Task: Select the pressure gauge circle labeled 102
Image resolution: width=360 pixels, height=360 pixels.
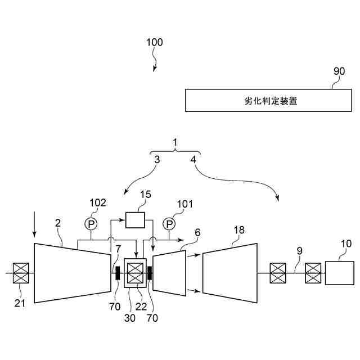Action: coord(91,224)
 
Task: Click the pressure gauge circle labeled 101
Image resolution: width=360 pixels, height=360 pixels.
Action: coord(169,224)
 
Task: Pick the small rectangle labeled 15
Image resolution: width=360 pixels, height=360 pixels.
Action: coord(135,220)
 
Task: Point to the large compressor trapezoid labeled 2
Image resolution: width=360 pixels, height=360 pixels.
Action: coord(72,273)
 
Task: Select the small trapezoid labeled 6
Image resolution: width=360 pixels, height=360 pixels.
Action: coord(169,273)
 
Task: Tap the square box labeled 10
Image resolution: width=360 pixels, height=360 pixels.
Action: coord(339,273)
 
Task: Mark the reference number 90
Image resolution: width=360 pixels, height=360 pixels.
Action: coord(339,72)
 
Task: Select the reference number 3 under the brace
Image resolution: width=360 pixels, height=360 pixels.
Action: coord(157,160)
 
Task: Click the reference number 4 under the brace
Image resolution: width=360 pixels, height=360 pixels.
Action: coord(193,160)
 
